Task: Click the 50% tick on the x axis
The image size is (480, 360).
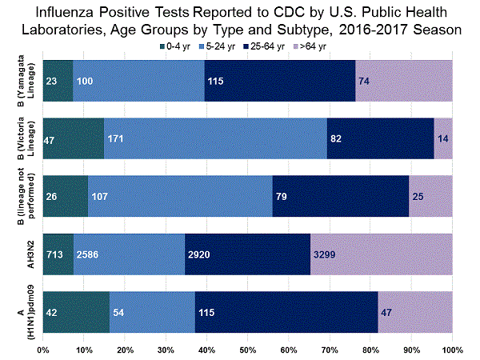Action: [x=248, y=350]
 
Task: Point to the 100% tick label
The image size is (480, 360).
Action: [x=452, y=350]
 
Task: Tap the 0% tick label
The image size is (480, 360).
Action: [x=44, y=350]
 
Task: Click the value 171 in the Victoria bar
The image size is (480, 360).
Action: [x=117, y=138]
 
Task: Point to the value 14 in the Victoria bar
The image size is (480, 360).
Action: [x=442, y=138]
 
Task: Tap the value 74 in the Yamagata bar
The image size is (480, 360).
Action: [x=366, y=81]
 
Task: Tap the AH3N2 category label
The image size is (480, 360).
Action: [x=26, y=254]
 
